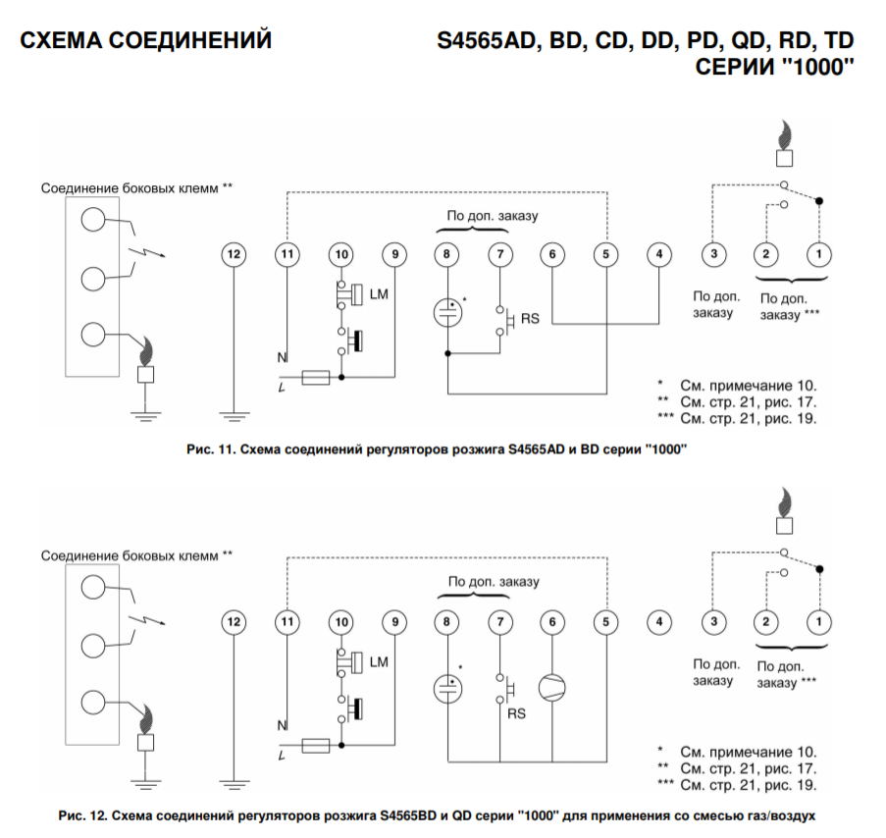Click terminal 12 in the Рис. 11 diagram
pyautogui.click(x=234, y=254)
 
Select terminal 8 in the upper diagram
pyautogui.click(x=446, y=254)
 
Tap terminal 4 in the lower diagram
pyautogui.click(x=660, y=621)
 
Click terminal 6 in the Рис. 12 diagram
pyautogui.click(x=552, y=621)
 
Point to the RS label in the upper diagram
pyautogui.click(x=529, y=318)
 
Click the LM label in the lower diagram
pyautogui.click(x=379, y=662)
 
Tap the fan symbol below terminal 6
pyautogui.click(x=552, y=686)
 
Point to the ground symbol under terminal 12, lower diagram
pyautogui.click(x=234, y=783)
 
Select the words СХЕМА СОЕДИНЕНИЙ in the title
pyautogui.click(x=146, y=41)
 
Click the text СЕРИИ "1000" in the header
pyautogui.click(x=775, y=68)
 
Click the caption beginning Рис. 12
pyautogui.click(x=437, y=815)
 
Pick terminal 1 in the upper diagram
pyautogui.click(x=818, y=254)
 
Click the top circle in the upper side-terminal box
pyautogui.click(x=92, y=219)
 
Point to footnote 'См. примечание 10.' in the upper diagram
pyautogui.click(x=749, y=386)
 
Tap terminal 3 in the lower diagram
pyautogui.click(x=713, y=621)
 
